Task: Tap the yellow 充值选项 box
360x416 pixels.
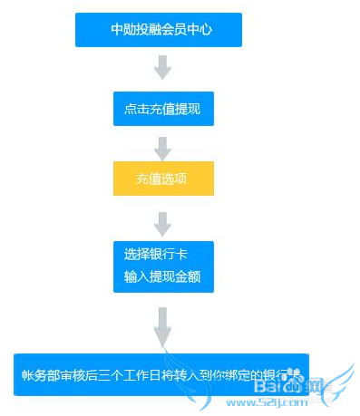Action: [x=162, y=179]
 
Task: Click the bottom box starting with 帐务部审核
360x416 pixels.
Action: [x=161, y=373]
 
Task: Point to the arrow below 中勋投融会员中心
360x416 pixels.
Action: [x=162, y=67]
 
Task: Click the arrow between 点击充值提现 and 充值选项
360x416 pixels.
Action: [x=162, y=147]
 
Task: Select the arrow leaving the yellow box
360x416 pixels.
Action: [x=162, y=221]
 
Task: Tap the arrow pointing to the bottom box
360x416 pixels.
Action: [x=162, y=326]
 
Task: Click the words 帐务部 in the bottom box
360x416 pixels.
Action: [x=39, y=374]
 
